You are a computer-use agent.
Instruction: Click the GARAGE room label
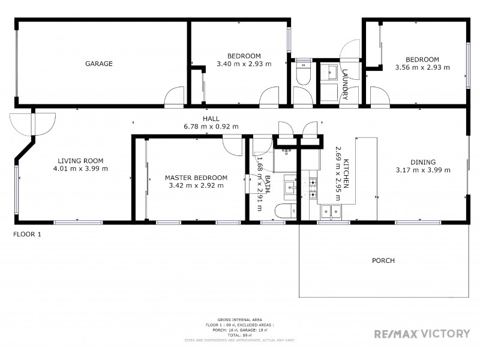point(99,64)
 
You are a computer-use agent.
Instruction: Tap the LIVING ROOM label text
point(80,161)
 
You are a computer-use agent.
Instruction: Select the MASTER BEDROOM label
point(196,178)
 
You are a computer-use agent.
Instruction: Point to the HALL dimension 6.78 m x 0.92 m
point(211,127)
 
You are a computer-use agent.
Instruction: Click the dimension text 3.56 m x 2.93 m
point(422,68)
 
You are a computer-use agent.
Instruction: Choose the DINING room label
point(423,162)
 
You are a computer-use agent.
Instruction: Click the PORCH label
point(383,260)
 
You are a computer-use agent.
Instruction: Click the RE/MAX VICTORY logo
point(422,334)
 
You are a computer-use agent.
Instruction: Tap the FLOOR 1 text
point(27,235)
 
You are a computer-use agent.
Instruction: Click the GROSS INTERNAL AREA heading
point(239,320)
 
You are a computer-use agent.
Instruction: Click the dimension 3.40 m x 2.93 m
point(243,64)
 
